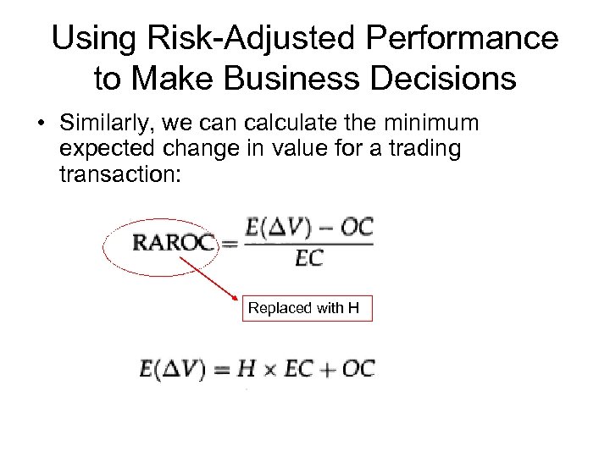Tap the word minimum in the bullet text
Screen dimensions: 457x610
431,124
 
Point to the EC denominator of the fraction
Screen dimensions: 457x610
308,259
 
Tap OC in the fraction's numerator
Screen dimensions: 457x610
355,228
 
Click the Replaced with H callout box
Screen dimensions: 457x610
308,308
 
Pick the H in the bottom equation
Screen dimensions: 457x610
244,370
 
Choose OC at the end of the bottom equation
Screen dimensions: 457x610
358,370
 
